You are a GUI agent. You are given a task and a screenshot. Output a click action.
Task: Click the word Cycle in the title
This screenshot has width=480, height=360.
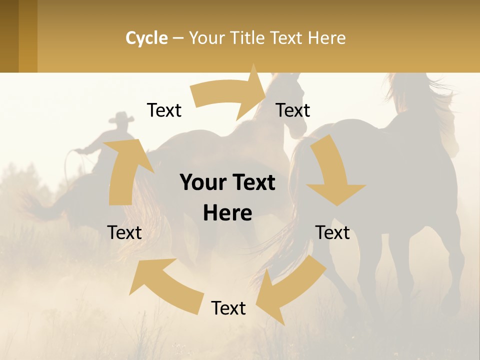146,38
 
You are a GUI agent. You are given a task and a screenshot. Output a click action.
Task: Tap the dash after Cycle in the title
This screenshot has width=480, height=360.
178,38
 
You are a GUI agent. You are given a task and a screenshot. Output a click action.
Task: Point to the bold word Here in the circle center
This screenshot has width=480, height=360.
227,213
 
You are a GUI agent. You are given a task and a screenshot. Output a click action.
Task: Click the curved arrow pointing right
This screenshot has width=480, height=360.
230,95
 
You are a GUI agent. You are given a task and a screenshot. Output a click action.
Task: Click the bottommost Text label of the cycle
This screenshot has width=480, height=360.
228,308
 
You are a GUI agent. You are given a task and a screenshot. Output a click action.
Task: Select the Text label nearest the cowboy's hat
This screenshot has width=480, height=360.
164,110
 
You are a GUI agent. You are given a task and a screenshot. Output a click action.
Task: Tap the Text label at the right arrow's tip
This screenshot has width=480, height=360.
293,110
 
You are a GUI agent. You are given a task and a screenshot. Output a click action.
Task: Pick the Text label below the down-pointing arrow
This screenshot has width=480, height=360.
332,232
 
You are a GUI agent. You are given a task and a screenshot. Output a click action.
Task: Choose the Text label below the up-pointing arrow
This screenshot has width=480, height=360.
124,232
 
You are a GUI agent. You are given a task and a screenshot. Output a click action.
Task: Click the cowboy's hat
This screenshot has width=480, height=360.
121,118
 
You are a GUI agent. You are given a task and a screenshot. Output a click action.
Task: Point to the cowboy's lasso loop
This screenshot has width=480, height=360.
70,160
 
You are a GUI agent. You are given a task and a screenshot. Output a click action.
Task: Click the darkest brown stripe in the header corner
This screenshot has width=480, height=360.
9,36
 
